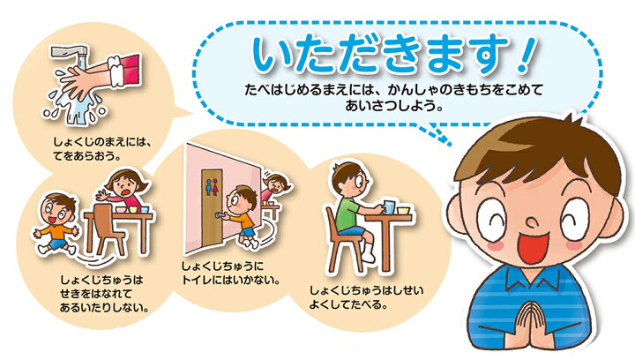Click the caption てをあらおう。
[87, 154]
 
